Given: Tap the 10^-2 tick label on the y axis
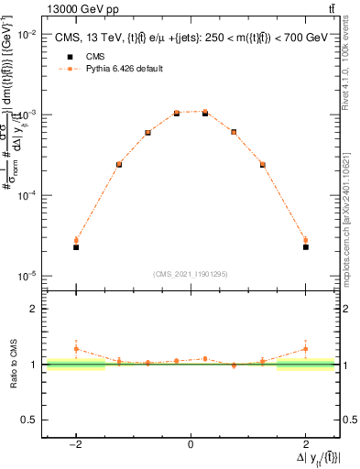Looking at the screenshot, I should (x=27, y=34).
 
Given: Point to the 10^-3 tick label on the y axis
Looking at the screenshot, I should (x=27, y=115).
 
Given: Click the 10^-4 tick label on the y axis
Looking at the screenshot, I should (x=27, y=195).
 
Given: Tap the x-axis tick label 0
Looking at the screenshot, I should (x=191, y=444).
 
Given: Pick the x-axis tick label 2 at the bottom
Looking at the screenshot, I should (x=306, y=444).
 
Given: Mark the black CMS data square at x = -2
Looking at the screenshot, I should (x=76, y=247).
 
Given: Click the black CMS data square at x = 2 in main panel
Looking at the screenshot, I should (x=306, y=247).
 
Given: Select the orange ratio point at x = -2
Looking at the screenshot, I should (x=76, y=349).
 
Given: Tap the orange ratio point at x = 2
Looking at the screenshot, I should (x=306, y=349).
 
